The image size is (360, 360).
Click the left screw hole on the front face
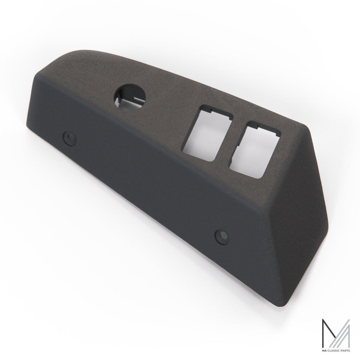(70, 139)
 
